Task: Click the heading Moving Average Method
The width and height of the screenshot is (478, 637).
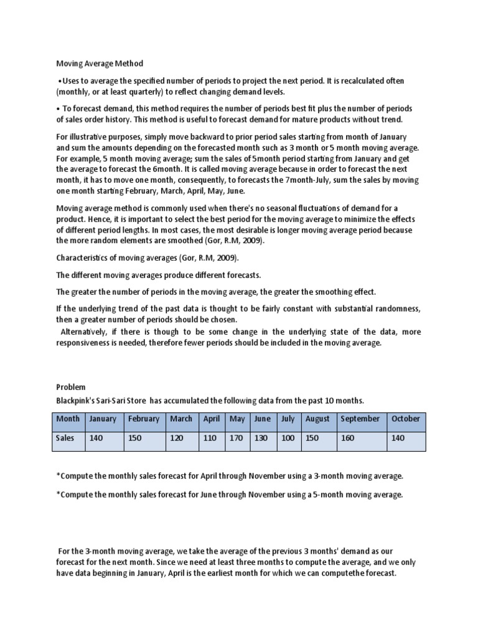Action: click(100, 63)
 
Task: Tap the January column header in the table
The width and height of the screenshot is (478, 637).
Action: click(103, 419)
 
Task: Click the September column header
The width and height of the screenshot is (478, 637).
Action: click(360, 419)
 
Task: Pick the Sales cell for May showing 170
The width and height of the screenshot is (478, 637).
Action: click(237, 437)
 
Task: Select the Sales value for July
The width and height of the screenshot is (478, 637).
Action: click(287, 437)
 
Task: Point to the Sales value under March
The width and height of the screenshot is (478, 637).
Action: click(177, 437)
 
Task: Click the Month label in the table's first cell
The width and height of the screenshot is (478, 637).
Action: click(68, 419)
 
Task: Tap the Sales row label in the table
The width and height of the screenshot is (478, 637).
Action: click(66, 437)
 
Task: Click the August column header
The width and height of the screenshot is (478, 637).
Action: click(317, 419)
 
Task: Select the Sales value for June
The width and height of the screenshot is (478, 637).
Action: click(261, 437)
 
